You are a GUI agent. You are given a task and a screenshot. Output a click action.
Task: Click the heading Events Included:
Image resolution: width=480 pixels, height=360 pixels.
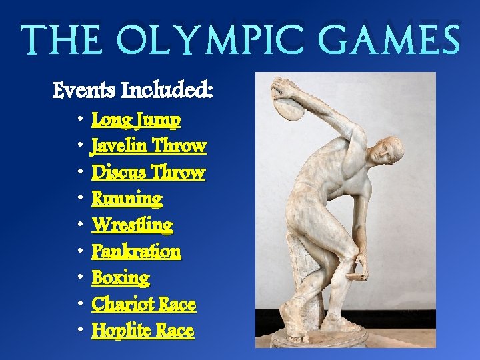pyautogui.click(x=133, y=89)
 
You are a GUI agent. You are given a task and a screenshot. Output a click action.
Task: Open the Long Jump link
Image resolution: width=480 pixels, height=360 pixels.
pyautogui.click(x=136, y=120)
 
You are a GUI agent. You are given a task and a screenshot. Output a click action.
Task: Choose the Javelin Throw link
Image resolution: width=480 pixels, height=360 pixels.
pyautogui.click(x=149, y=145)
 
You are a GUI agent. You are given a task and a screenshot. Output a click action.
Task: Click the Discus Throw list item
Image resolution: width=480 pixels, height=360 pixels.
pyautogui.click(x=148, y=172)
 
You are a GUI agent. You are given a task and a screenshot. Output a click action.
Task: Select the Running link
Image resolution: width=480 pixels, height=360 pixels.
pyautogui.click(x=127, y=199)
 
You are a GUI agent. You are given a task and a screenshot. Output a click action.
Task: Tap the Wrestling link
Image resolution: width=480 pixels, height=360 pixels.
pyautogui.click(x=132, y=225)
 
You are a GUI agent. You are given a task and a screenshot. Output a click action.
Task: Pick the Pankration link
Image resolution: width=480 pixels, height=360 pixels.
pyautogui.click(x=136, y=251)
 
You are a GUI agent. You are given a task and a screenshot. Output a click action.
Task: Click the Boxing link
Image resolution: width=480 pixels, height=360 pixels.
pyautogui.click(x=121, y=277)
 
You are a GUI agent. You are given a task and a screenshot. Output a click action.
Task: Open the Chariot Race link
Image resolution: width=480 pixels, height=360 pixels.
pyautogui.click(x=143, y=305)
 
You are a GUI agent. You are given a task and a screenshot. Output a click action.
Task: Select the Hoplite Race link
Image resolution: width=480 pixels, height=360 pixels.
pyautogui.click(x=143, y=331)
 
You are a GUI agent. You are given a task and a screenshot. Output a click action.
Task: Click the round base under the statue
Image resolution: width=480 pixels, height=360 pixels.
pyautogui.click(x=319, y=338)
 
